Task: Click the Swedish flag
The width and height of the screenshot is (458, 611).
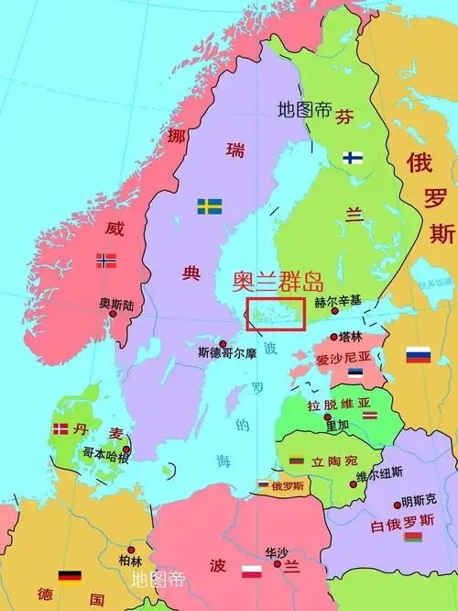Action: point(209,206)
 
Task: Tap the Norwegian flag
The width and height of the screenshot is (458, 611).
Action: point(106,261)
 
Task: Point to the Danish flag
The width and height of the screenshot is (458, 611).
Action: point(60,428)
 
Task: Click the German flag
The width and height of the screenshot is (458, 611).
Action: point(71,576)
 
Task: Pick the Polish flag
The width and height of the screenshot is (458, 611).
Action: point(252,574)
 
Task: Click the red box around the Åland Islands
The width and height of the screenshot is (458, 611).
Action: point(275,312)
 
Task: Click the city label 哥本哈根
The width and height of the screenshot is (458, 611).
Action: point(105,452)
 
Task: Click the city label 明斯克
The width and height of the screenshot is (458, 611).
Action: point(418,503)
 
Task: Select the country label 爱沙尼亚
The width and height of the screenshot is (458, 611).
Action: point(344,357)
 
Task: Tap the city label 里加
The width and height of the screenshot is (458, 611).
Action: point(337,425)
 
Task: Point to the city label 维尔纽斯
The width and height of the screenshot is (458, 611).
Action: point(379,474)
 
